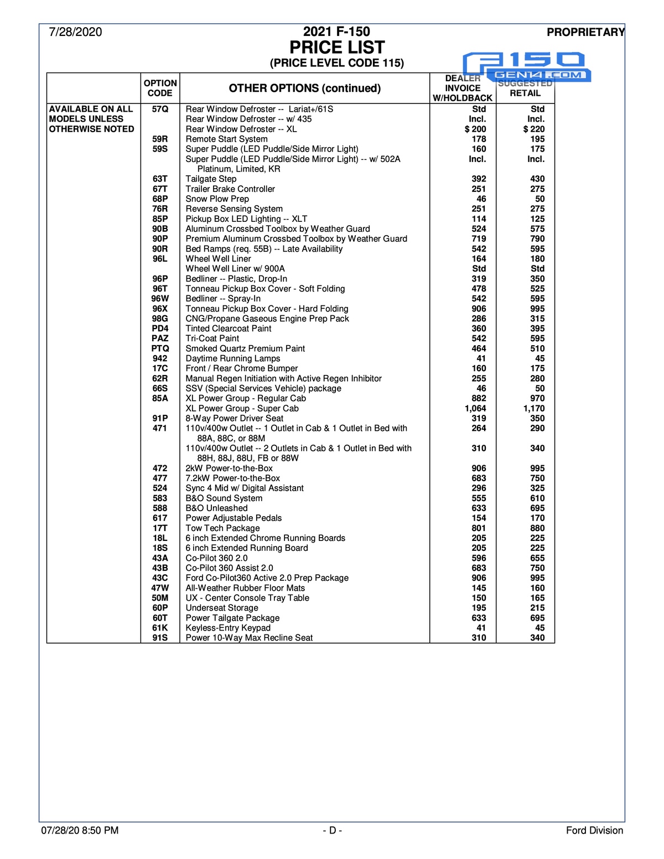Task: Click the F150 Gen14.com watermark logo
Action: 526,67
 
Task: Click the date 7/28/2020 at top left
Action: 75,32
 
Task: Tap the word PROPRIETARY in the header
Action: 585,32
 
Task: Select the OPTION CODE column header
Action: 160,88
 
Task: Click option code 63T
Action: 160,179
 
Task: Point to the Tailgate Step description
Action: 211,179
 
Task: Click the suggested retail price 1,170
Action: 533,408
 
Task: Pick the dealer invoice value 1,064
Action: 475,408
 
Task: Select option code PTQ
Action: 160,348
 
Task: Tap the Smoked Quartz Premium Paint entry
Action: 245,348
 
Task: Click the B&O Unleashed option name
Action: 216,508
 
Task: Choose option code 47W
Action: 160,588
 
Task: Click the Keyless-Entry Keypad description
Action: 228,628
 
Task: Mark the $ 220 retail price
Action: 533,129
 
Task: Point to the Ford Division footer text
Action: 594,830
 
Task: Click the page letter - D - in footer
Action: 332,830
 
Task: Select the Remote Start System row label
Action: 226,139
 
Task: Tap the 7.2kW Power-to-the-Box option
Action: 232,478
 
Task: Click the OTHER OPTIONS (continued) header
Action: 304,88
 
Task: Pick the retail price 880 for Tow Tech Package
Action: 537,528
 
